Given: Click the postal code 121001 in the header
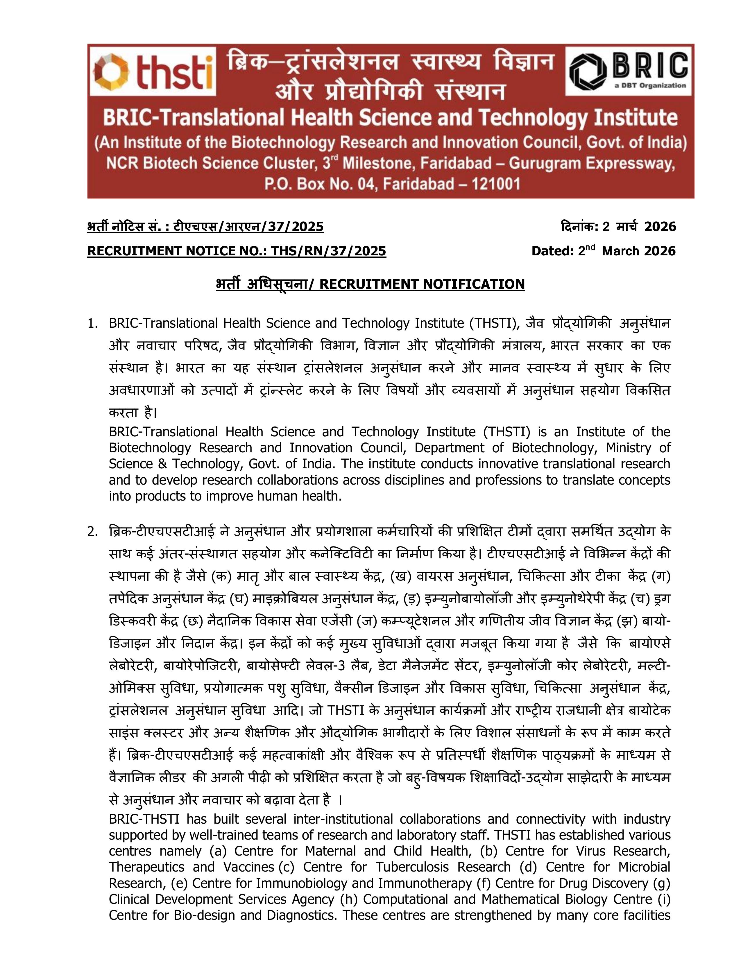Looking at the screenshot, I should [x=495, y=184].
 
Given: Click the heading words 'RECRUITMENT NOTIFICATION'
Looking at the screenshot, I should [x=422, y=284].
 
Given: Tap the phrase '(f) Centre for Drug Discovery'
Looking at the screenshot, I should [x=563, y=883].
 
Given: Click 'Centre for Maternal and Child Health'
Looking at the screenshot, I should [x=351, y=851].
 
